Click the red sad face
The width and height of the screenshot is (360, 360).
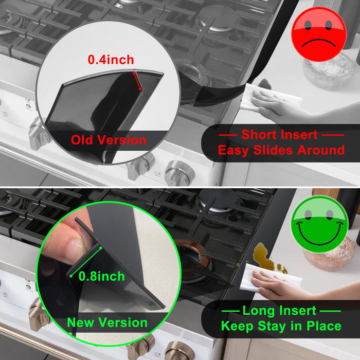(x=318, y=34)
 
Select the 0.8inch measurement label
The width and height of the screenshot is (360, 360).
(x=102, y=276)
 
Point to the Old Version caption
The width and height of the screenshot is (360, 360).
(x=109, y=140)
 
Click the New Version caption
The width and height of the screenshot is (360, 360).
(x=107, y=323)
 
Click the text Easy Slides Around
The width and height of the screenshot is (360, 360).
(x=281, y=150)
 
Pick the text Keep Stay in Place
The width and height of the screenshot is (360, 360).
(x=281, y=326)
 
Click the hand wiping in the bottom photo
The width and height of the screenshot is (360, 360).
(x=278, y=285)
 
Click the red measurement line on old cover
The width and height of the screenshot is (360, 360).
(x=137, y=81)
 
